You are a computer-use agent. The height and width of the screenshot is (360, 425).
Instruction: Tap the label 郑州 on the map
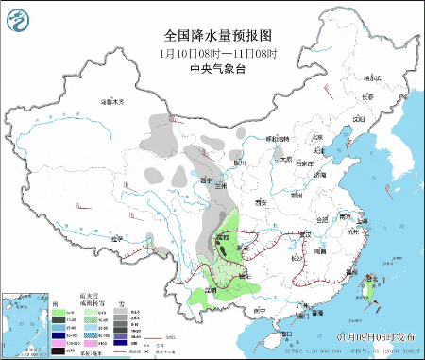tap(297, 196)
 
